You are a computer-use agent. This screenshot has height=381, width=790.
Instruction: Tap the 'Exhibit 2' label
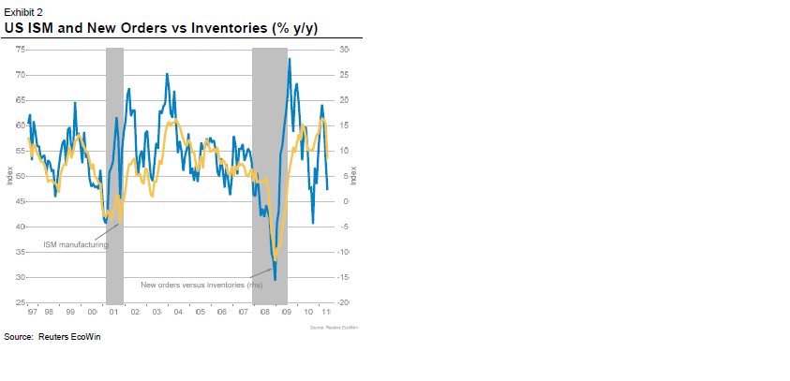tap(22, 10)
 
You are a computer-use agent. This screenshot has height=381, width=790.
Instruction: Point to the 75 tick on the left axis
tap(20, 49)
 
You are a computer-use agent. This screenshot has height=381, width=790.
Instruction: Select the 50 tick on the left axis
tap(20, 176)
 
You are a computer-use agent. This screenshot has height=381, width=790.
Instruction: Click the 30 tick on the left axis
tap(20, 278)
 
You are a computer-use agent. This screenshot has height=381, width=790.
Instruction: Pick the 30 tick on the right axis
tap(344, 49)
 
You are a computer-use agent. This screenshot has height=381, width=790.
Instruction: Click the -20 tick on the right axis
tap(344, 303)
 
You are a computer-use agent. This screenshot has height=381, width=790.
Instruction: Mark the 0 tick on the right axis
tap(344, 201)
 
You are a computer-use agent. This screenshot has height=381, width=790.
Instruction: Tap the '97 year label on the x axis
tap(33, 312)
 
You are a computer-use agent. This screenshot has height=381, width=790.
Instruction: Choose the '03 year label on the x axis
tap(157, 312)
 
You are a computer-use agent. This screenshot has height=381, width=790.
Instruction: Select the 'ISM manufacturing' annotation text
tap(76, 244)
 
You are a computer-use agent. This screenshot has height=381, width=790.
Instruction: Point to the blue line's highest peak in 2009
tap(289, 59)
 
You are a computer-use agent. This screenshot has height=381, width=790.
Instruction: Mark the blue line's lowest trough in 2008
tap(275, 279)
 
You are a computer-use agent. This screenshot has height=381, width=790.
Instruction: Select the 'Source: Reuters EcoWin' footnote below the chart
tap(52, 337)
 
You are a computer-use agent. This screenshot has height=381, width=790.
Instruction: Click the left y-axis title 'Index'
tap(8, 176)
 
